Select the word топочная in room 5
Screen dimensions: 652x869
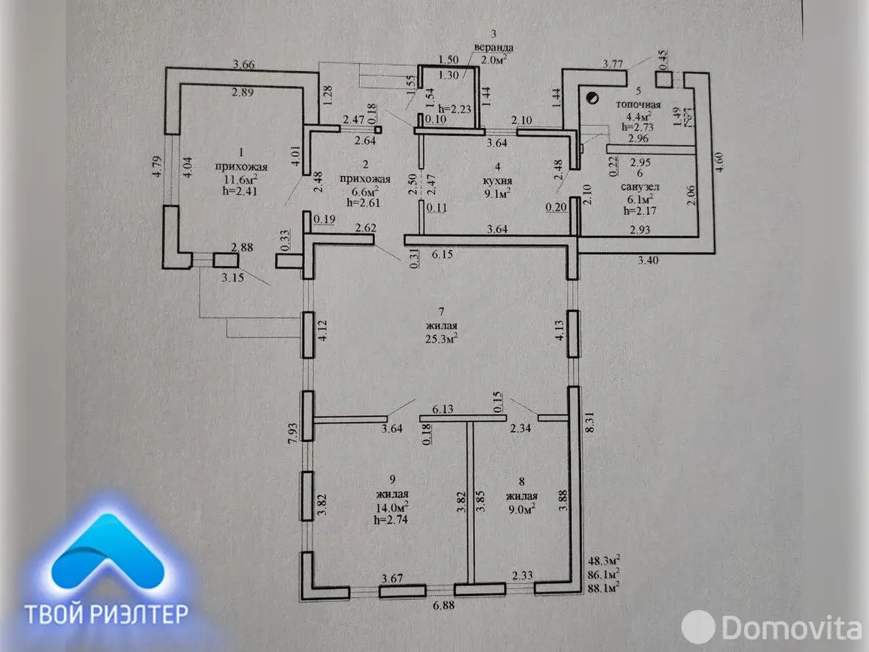click(638, 104)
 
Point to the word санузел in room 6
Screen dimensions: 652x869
click(638, 185)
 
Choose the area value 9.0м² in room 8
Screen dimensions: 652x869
click(521, 509)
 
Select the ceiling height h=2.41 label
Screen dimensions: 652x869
click(230, 191)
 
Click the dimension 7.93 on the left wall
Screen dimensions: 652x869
click(292, 436)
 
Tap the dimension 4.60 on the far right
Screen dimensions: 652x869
click(720, 159)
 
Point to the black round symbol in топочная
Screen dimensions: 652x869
click(592, 95)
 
